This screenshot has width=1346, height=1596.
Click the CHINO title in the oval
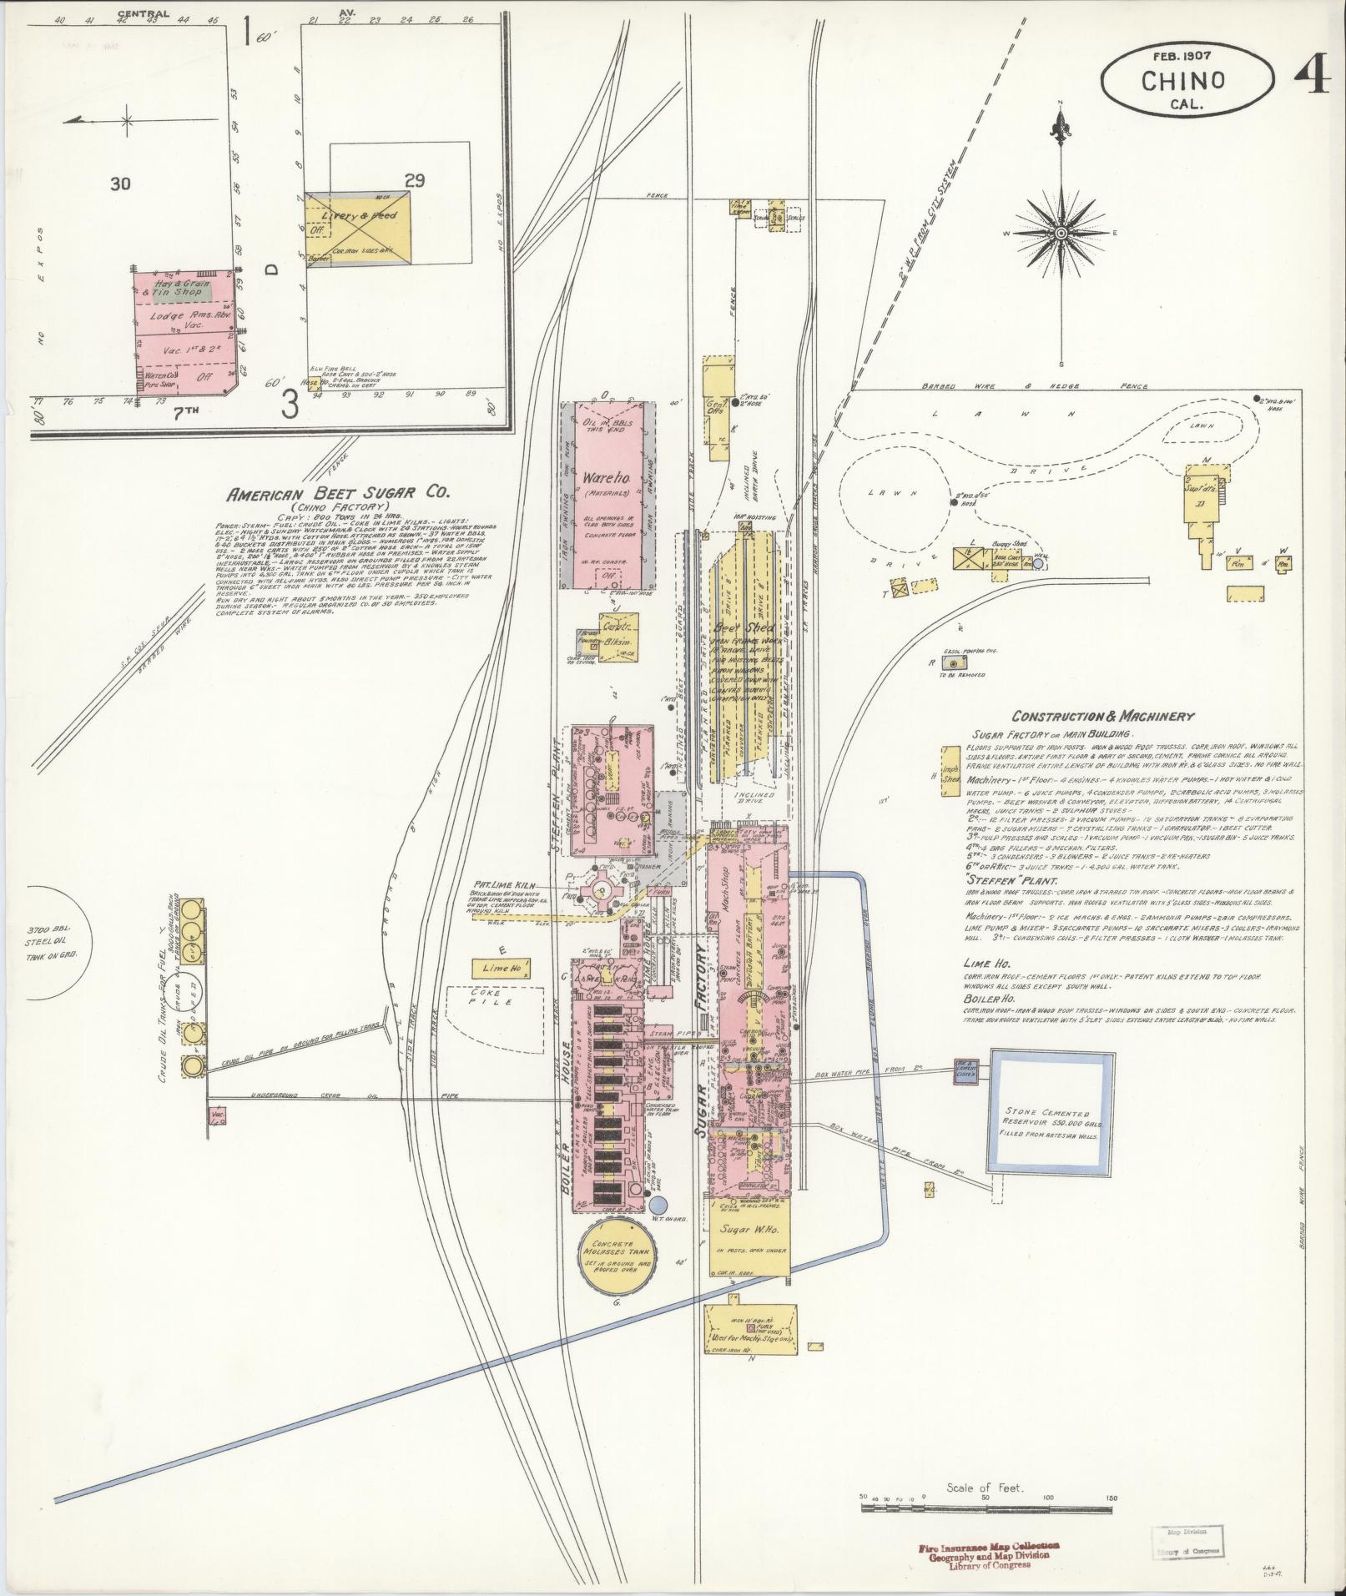[1182, 81]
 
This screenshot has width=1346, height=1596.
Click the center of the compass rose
[1061, 232]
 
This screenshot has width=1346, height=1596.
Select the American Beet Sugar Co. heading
[327, 494]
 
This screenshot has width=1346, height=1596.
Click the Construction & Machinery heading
[1102, 716]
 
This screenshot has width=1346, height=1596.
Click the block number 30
[119, 184]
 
